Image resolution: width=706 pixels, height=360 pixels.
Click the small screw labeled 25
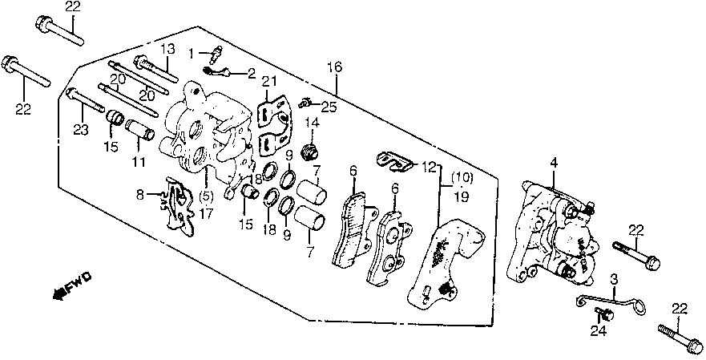click(x=305, y=103)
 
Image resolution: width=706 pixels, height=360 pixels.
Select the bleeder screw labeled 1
click(x=215, y=55)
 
